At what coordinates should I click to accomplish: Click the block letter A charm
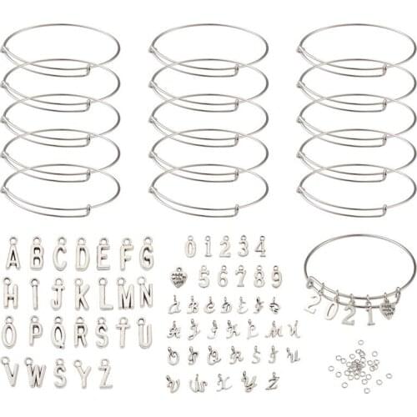pos(13,254)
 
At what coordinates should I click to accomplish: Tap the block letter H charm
pos(11,294)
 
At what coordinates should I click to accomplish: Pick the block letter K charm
pos(82,294)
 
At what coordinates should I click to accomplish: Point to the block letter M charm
pos(125,294)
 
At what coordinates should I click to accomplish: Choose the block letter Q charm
pos(58,334)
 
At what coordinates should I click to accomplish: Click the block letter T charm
pos(123,334)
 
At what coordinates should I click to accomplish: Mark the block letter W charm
pos(37,372)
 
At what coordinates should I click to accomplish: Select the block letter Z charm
pos(105,373)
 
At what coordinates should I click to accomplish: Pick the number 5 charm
pos(203,275)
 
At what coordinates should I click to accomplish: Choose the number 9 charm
pos(276,275)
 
